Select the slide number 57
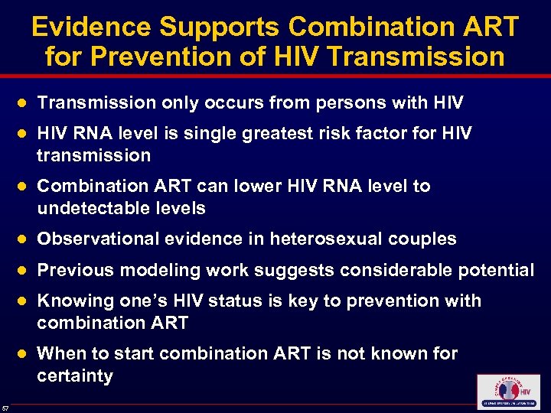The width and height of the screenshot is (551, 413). [5, 405]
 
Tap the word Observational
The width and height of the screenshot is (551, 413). [96, 239]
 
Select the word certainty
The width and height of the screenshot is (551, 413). [74, 376]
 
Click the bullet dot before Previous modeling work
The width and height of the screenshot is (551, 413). [23, 271]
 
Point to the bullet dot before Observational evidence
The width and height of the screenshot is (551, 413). [23, 239]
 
